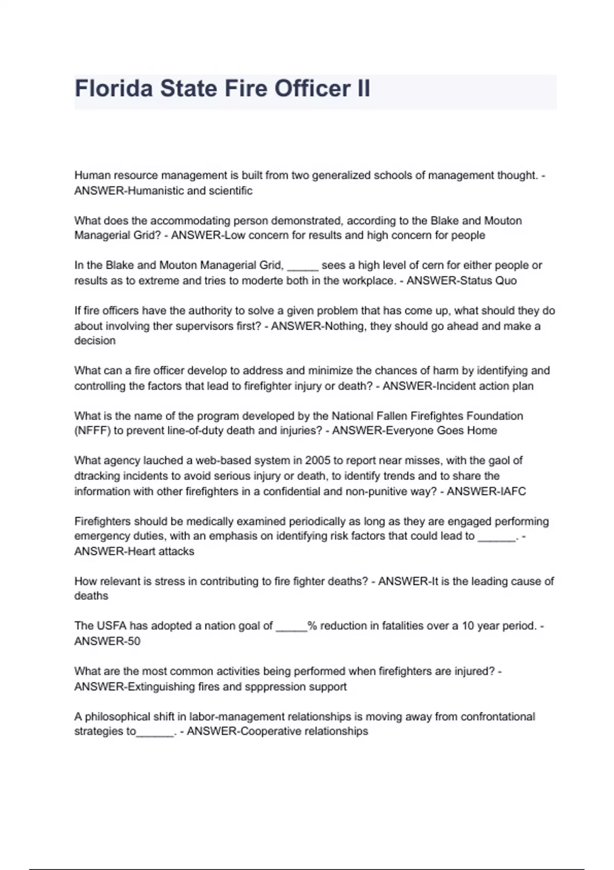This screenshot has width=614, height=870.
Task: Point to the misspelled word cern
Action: click(x=432, y=265)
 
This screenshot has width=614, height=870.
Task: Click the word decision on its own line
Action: click(x=95, y=340)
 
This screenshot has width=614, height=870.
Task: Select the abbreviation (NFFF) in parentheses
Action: click(x=92, y=430)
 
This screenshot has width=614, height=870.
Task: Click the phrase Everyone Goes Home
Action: click(x=441, y=430)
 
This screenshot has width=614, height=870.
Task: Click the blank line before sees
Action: click(x=303, y=266)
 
